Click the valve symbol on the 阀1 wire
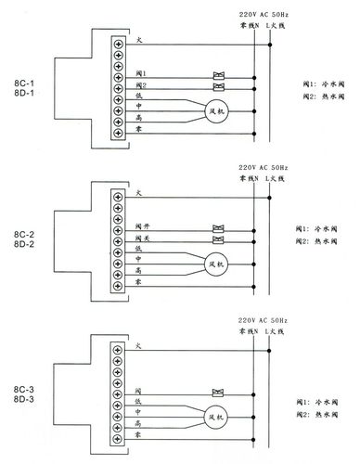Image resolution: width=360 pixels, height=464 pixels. [220, 74]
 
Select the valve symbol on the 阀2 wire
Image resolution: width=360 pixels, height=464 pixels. [220, 86]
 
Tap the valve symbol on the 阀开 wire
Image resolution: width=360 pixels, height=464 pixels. [220, 226]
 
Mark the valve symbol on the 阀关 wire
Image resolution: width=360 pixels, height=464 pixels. [220, 238]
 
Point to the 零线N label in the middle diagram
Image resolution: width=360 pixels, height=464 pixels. [249, 178]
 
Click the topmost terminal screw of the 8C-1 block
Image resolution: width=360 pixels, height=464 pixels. [119, 43]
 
